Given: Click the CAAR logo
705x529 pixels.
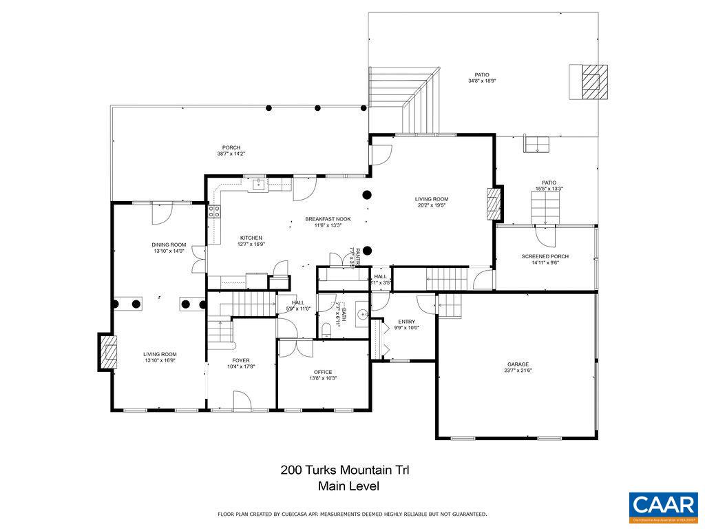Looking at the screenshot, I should tap(663, 506).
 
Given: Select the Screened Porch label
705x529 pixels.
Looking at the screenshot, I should tap(545, 259).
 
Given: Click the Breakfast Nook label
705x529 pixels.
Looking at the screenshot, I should tap(328, 222).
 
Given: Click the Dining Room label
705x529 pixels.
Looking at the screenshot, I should tap(169, 247).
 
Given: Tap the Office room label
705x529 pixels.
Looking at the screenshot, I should tap(323, 375).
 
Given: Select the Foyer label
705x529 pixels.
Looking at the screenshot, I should tap(241, 363).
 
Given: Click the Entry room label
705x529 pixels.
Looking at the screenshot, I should tap(406, 324).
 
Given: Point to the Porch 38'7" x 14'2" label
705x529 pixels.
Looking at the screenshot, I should tap(231, 150).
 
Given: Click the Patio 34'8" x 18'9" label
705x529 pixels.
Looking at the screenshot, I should tap(482, 77).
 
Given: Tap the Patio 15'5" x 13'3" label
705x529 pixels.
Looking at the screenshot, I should tap(549, 185).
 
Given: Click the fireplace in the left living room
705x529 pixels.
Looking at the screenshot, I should tap(107, 353).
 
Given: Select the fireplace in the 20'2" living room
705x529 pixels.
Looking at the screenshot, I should tap(493, 204).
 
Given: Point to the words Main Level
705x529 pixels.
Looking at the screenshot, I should tap(348, 486).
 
